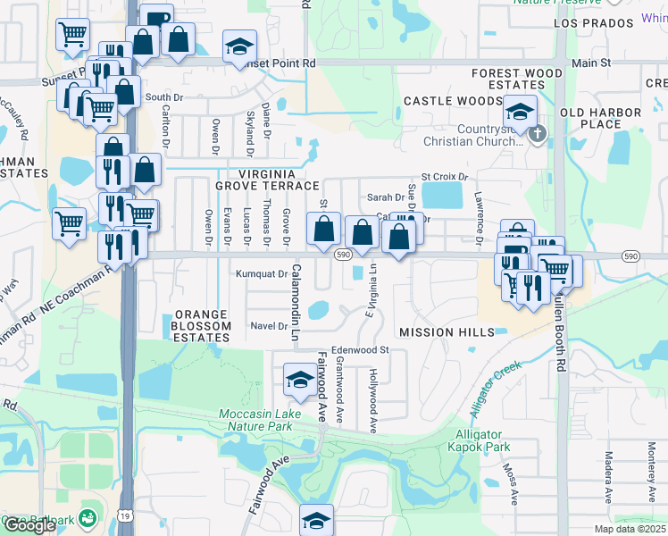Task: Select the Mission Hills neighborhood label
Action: [x=447, y=332]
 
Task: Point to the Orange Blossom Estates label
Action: [x=202, y=321]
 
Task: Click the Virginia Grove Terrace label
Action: [x=266, y=179]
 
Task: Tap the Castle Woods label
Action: [x=453, y=102]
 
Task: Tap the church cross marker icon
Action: [x=537, y=135]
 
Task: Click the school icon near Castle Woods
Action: [x=519, y=112]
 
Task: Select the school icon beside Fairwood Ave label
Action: [x=298, y=381]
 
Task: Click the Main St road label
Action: [x=590, y=63]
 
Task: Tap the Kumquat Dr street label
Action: [x=261, y=274]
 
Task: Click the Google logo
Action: [x=29, y=526]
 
